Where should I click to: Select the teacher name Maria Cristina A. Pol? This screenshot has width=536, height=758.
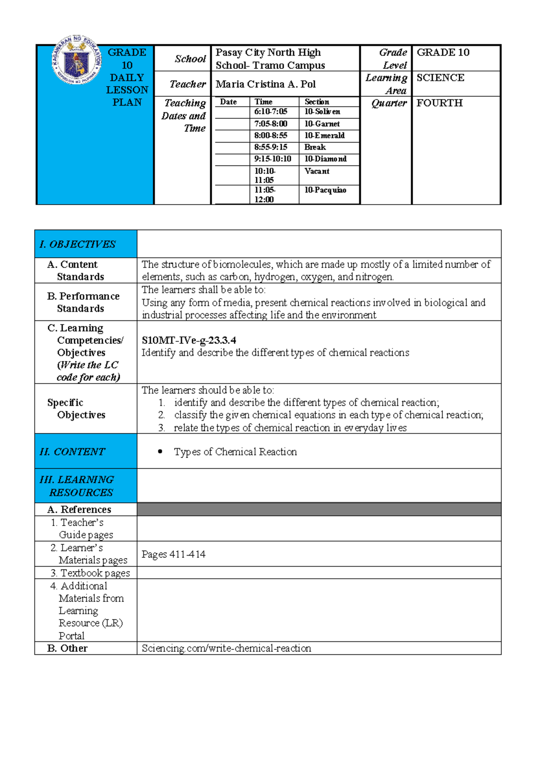tap(265, 84)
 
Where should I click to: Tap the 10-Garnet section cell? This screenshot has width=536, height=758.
tap(322, 124)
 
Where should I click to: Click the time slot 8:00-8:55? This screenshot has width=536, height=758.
tap(271, 135)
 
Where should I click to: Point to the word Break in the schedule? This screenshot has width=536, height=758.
tap(315, 147)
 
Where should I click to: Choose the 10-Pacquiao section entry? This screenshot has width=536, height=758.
tap(325, 190)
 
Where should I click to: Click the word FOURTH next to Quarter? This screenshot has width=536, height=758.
tap(440, 103)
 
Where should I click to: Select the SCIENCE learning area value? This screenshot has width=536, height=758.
tap(440, 78)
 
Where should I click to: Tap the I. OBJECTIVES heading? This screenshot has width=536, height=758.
tap(77, 244)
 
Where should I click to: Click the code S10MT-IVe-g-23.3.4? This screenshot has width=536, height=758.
tap(189, 340)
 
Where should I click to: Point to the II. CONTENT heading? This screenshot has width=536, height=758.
tap(72, 451)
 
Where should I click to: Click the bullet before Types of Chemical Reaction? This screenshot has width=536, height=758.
tap(160, 452)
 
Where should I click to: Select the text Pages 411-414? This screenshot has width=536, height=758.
tap(173, 554)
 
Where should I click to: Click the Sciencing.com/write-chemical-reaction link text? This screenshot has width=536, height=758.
tap(226, 648)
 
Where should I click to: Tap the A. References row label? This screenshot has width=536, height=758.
tap(79, 510)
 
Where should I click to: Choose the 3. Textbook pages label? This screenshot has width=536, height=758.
tap(90, 573)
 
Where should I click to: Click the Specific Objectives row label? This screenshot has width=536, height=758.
tap(76, 408)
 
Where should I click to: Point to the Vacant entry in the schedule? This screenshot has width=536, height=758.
tap(317, 171)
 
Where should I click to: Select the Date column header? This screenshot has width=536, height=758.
tap(228, 102)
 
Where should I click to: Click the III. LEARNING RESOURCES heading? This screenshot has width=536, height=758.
tap(77, 486)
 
